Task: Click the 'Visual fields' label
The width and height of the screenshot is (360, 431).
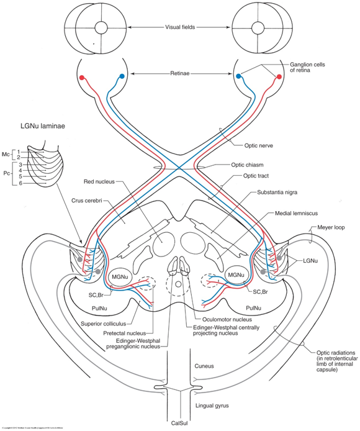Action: pyautogui.click(x=180, y=27)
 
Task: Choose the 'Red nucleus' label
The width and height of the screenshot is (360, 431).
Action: pyautogui.click(x=102, y=182)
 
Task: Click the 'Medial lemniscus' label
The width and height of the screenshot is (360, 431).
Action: pyautogui.click(x=296, y=213)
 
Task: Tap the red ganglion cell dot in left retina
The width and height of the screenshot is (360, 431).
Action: pyautogui.click(x=82, y=78)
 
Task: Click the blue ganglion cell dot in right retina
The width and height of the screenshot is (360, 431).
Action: pyautogui.click(x=238, y=76)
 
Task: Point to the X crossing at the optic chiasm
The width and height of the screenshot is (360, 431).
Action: pyautogui.click(x=179, y=166)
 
